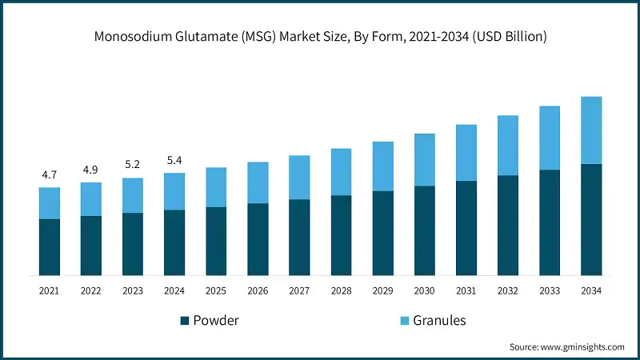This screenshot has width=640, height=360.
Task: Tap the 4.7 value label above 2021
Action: tap(50, 174)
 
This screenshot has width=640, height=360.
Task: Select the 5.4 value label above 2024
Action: tap(174, 160)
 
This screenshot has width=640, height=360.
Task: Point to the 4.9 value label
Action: tap(91, 170)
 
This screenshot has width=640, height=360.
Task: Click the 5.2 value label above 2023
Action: tap(133, 165)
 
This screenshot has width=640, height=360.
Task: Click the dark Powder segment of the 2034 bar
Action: tap(591, 219)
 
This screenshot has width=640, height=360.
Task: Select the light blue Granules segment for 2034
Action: tap(591, 130)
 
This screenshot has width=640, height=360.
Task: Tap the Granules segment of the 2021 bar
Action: tap(50, 203)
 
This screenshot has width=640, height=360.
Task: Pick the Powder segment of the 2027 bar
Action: tap(299, 237)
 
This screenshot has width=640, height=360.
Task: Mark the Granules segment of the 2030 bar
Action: tap(424, 160)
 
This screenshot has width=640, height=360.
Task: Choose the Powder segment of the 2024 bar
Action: tap(174, 242)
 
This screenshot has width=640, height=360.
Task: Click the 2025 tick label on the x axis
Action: tap(216, 291)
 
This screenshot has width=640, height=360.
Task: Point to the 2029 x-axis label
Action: tap(382, 291)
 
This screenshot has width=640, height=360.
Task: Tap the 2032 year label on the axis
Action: tap(507, 291)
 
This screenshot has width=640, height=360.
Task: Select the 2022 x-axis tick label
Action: tap(91, 291)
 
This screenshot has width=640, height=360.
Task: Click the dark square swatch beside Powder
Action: tap(185, 321)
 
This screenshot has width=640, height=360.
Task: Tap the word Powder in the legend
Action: tap(216, 321)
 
